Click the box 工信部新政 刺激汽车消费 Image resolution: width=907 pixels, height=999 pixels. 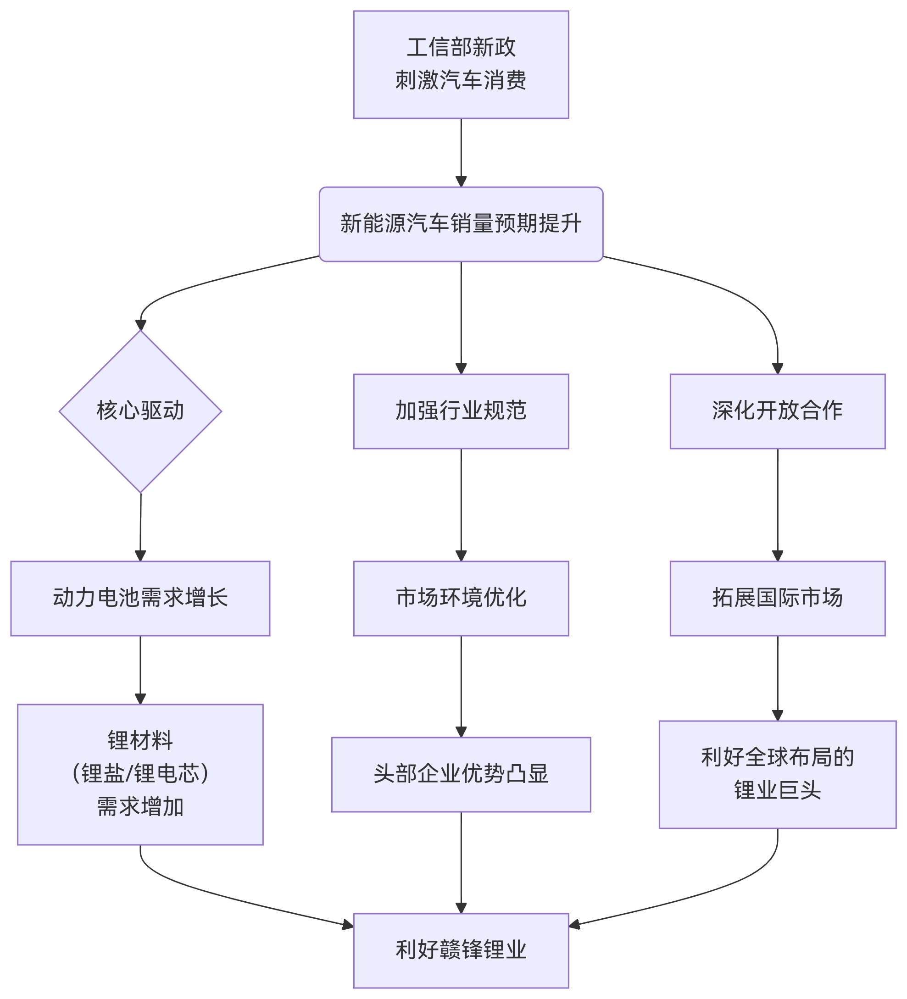461,64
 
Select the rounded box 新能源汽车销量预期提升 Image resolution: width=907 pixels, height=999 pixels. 461,224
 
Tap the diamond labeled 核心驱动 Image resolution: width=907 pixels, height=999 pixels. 140,411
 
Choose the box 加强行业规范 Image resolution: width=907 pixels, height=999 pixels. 461,411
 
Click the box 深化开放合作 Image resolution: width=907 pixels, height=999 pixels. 777,411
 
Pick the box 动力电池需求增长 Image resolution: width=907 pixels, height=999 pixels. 140,598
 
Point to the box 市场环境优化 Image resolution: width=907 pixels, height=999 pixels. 461,598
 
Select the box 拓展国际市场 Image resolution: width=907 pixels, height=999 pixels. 777,598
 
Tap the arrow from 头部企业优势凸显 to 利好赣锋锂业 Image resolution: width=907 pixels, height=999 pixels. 461,862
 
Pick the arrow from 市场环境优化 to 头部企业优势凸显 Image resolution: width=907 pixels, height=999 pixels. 461,686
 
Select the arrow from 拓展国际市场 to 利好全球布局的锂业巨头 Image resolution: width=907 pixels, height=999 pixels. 777,678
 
